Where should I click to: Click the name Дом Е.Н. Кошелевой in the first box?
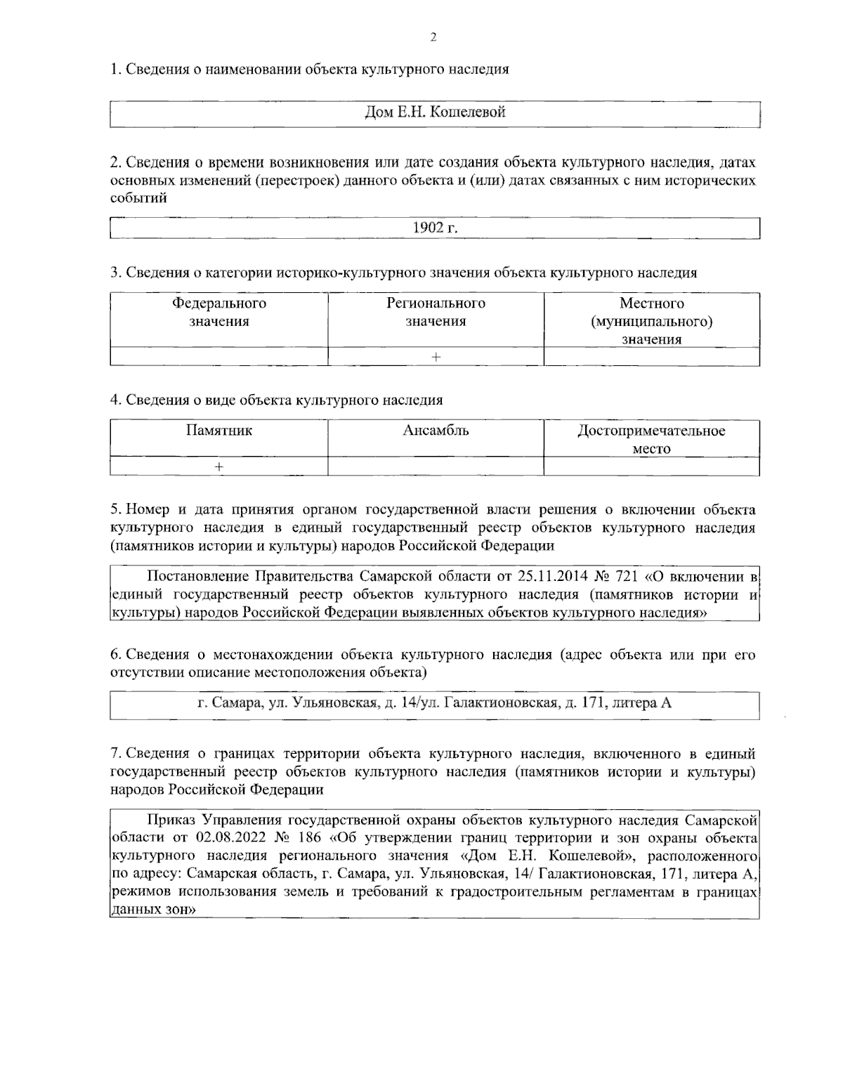click(x=436, y=112)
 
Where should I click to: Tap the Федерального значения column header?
click(x=219, y=313)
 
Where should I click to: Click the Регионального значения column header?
click(x=436, y=313)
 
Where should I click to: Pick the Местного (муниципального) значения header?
click(x=652, y=321)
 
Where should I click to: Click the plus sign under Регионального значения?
click(x=436, y=357)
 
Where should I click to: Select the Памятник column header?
click(x=219, y=431)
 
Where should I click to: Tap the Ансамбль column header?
click(x=436, y=431)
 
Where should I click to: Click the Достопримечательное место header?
click(x=652, y=439)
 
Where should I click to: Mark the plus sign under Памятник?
click(x=219, y=466)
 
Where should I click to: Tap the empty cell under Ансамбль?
click(x=436, y=466)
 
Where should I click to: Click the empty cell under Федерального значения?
click(x=219, y=357)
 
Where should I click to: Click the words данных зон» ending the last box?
click(x=153, y=910)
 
